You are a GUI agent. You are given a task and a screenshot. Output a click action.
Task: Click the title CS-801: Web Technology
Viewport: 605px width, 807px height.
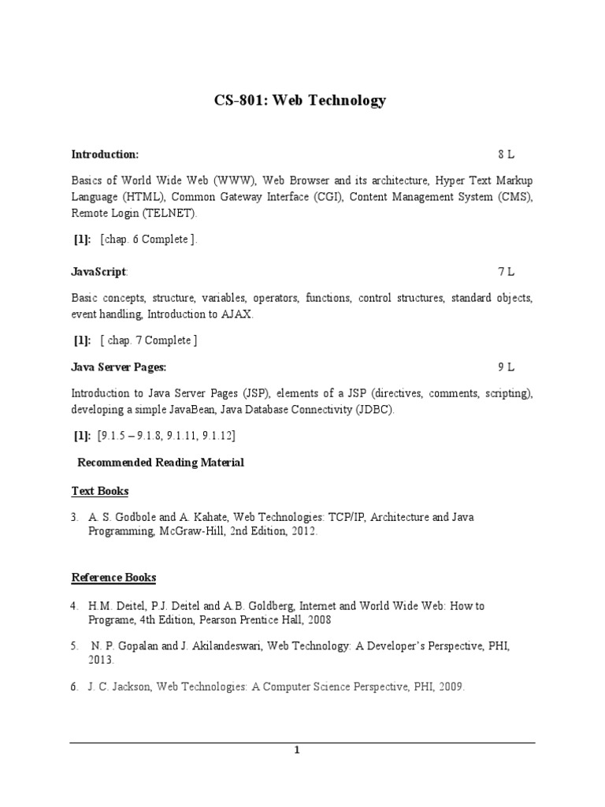[302, 100]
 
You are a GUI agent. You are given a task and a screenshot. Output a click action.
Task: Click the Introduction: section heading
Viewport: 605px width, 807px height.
[105, 154]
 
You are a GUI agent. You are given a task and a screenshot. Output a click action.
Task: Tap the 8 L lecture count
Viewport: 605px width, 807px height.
[506, 154]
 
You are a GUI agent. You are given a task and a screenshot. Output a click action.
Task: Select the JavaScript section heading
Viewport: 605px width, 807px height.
[98, 272]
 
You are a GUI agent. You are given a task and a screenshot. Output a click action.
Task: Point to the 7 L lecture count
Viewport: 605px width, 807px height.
[506, 272]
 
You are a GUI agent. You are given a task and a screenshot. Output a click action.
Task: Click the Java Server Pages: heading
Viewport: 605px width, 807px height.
[119, 367]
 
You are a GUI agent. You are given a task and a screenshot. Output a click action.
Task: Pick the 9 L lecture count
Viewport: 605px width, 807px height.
[506, 367]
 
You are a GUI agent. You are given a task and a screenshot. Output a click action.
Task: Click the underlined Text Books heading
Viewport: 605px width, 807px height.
[100, 491]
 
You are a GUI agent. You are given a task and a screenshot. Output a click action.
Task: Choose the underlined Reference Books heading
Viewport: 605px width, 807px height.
[113, 578]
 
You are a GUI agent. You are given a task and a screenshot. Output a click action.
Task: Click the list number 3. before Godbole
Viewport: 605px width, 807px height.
[74, 517]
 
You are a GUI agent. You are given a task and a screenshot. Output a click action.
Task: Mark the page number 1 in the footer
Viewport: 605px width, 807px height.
[297, 750]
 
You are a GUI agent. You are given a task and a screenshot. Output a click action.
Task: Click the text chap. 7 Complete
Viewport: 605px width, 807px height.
[147, 340]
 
